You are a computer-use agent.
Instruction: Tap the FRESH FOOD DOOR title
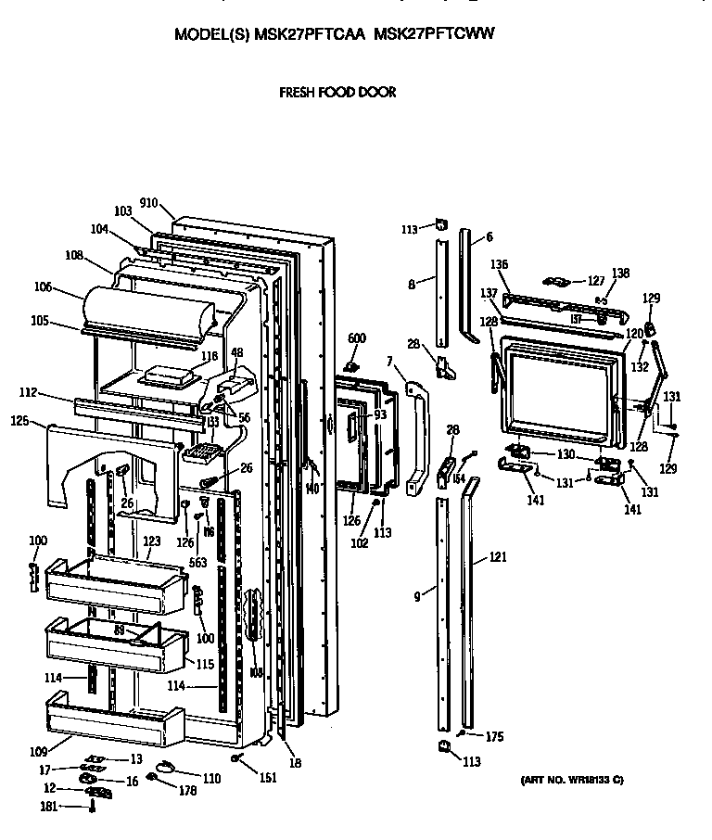pos(337,93)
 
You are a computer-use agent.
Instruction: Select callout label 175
pos(493,737)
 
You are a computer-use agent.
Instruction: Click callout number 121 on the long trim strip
pos(498,559)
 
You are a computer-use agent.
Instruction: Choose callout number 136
pos(499,264)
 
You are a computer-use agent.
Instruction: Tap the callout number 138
pos(620,273)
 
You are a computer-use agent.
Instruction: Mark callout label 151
pos(267,778)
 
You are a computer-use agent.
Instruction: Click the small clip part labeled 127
pos(555,281)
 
